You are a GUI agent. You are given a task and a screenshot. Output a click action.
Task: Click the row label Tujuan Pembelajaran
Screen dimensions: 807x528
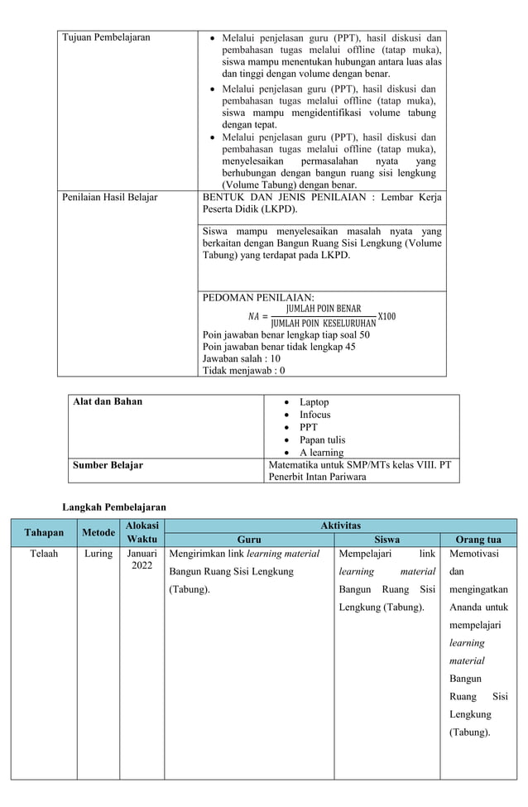(107, 37)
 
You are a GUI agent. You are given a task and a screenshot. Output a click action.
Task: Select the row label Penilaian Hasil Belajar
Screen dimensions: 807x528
(110, 198)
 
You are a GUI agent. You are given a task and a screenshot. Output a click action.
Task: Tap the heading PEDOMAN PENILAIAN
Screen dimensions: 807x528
(258, 298)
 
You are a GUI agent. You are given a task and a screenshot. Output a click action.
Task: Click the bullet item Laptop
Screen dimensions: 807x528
(314, 402)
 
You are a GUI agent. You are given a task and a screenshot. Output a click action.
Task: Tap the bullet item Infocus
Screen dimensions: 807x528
(314, 415)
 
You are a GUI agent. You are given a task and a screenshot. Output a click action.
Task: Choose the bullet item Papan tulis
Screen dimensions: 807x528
(322, 440)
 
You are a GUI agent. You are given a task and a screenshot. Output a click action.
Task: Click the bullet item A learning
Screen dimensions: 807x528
(321, 453)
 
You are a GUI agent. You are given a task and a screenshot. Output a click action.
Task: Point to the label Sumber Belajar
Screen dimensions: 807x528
(108, 465)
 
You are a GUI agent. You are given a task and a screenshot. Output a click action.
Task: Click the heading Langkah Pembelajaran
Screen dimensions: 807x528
(115, 507)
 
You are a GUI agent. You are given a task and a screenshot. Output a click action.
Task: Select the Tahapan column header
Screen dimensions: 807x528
(45, 532)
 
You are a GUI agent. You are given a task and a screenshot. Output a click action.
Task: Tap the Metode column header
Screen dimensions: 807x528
(98, 532)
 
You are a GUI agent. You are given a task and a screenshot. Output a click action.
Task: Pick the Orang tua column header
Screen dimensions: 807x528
(478, 539)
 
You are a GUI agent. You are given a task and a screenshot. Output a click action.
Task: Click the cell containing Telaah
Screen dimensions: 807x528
(44, 553)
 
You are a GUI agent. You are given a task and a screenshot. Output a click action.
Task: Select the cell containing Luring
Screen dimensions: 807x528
(98, 553)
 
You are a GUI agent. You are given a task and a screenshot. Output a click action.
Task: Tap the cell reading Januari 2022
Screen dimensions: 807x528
(142, 560)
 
